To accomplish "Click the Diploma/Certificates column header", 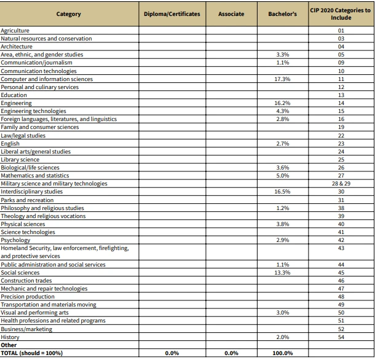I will pos(172,14).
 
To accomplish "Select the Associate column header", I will pos(231,14).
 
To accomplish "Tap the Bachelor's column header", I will pos(283,14).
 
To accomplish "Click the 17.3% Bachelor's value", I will pos(283,79).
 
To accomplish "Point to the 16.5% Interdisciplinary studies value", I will pos(283,192).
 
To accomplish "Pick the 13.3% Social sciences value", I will pos(283,272).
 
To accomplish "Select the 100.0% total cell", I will pos(283,353).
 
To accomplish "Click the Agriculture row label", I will pos(15,31).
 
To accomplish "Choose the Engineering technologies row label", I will pos(33,111).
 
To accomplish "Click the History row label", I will pos(10,337).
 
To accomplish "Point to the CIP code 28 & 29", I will pos(341,184).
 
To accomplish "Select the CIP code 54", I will pos(341,337).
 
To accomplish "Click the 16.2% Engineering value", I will pos(283,103).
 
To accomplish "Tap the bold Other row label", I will pos(9,345).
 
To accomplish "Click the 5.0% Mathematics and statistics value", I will pos(283,176).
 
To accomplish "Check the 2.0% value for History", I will pos(283,337).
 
